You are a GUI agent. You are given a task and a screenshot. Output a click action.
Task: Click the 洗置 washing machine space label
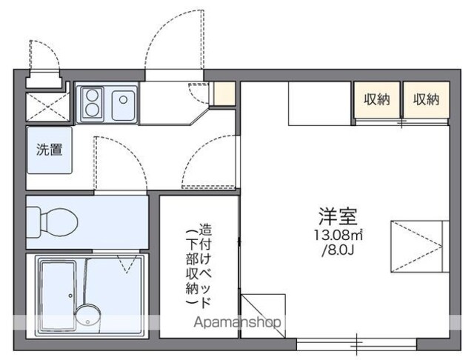[x=50, y=150]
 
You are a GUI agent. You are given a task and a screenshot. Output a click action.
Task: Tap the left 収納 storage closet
[x=377, y=99]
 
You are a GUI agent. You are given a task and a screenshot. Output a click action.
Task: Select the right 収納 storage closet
[x=427, y=99]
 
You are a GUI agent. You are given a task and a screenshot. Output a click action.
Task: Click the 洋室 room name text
[x=338, y=216]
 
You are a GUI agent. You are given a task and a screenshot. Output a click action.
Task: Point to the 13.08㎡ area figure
[x=338, y=235]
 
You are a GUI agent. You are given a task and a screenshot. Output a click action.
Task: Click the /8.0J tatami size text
[x=338, y=250]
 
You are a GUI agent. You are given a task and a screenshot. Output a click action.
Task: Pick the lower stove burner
[x=92, y=110]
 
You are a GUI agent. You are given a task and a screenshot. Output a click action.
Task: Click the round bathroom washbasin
[x=87, y=316]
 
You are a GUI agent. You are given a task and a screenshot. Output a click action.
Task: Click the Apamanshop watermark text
[x=237, y=323]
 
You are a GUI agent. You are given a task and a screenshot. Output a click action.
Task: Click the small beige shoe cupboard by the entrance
[x=224, y=93]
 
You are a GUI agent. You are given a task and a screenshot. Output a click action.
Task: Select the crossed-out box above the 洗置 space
[x=47, y=107]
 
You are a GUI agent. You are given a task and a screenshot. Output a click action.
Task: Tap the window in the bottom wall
[x=357, y=344]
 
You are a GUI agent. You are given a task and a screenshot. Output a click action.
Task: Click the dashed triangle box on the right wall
[x=416, y=247]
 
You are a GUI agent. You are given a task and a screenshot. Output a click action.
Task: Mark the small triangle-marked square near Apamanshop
[x=263, y=316]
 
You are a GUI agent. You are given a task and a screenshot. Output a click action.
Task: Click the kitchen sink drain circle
[x=124, y=100]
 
